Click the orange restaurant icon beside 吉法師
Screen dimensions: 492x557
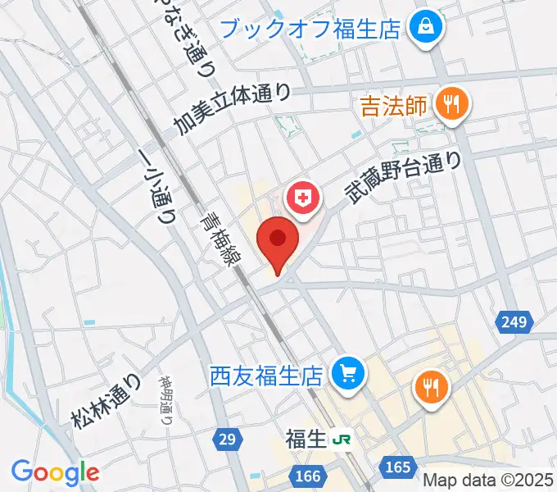[451, 103]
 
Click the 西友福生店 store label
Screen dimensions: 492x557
[267, 376]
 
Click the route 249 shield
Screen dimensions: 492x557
[514, 324]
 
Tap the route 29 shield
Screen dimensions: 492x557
[228, 440]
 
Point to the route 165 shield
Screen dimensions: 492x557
[397, 467]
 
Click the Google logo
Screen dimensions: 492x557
[55, 472]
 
